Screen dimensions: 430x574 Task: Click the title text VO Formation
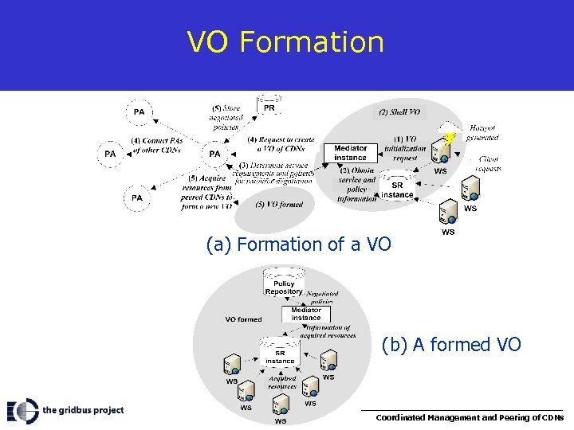click(x=285, y=41)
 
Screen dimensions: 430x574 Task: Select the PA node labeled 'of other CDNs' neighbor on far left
click(x=110, y=153)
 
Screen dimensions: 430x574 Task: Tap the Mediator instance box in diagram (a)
click(x=351, y=153)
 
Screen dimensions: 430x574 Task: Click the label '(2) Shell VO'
click(x=399, y=112)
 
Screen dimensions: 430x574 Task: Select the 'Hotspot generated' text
click(x=482, y=132)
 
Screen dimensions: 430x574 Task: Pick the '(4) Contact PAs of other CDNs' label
click(x=156, y=145)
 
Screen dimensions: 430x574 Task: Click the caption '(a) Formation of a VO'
click(x=298, y=244)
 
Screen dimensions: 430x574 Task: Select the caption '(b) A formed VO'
click(x=450, y=344)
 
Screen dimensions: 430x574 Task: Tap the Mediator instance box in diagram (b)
click(x=306, y=314)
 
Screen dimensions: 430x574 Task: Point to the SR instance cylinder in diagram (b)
click(x=280, y=355)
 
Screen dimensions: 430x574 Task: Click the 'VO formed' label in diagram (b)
click(x=243, y=319)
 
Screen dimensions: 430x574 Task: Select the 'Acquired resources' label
click(x=283, y=382)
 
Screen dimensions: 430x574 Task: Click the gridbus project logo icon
click(x=22, y=410)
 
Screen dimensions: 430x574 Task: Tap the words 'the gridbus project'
click(x=83, y=410)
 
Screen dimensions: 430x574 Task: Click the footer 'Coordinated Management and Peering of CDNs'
click(x=470, y=417)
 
